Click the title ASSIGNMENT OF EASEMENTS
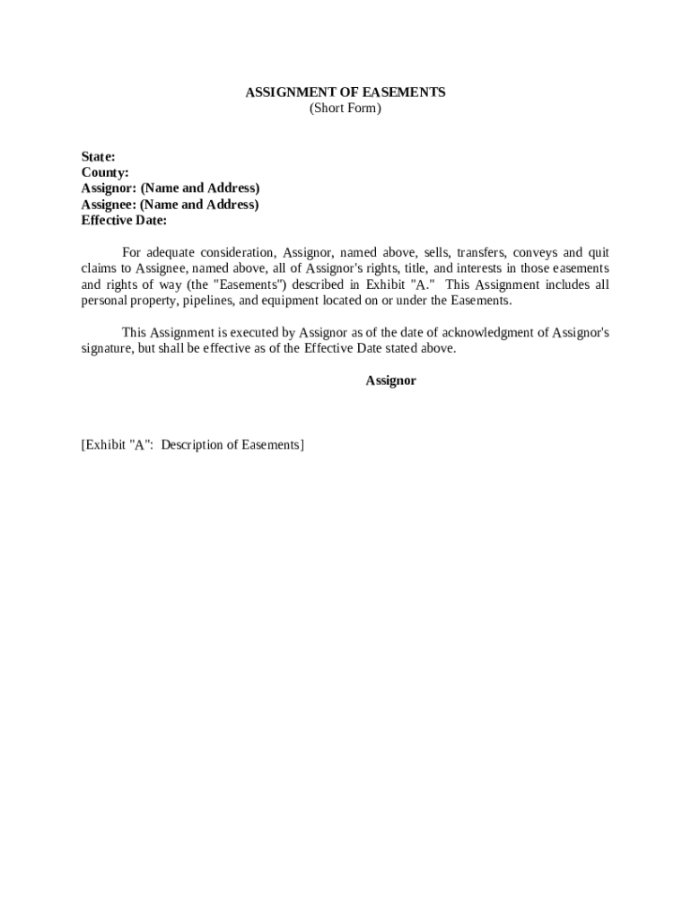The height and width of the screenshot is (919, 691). [345, 92]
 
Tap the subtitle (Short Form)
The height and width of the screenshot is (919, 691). [345, 109]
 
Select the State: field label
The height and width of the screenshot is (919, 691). [98, 156]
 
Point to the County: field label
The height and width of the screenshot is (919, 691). [105, 172]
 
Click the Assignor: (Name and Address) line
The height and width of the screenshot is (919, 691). [171, 188]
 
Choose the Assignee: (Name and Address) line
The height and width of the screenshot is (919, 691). [170, 205]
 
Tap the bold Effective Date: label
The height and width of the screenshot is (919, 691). [124, 221]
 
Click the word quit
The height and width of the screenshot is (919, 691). [598, 253]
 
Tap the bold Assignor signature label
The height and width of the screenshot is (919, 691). [390, 381]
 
